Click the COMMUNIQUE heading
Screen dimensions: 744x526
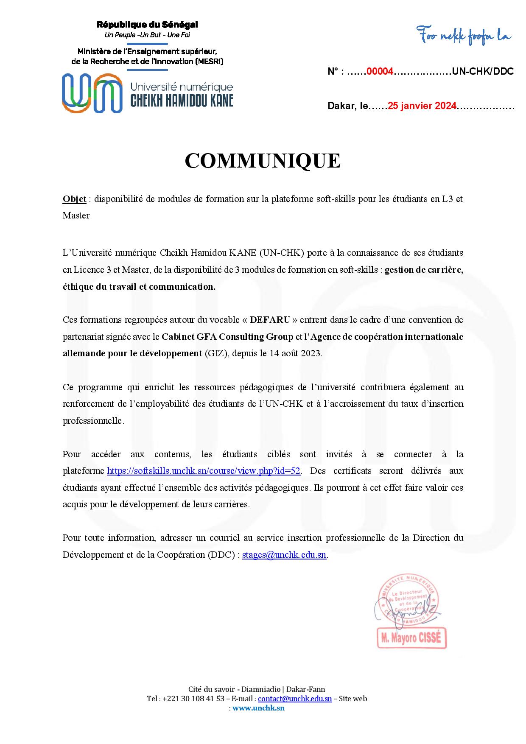263,161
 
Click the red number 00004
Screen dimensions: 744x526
380,71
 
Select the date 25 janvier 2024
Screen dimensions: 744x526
422,106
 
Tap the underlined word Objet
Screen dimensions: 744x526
74,199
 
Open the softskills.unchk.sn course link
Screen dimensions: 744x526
204,471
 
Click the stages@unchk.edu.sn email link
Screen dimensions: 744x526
284,555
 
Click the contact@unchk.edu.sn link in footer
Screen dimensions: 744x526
295,699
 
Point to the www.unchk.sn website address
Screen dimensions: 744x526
259,708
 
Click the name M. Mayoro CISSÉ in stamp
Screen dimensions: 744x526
411,638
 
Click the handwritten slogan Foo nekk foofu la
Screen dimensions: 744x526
463,36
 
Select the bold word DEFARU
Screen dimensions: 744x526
270,319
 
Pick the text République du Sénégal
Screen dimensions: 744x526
147,25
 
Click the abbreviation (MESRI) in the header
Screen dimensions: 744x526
209,62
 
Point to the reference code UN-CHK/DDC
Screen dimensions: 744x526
483,71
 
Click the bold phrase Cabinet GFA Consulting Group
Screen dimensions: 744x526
227,337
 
